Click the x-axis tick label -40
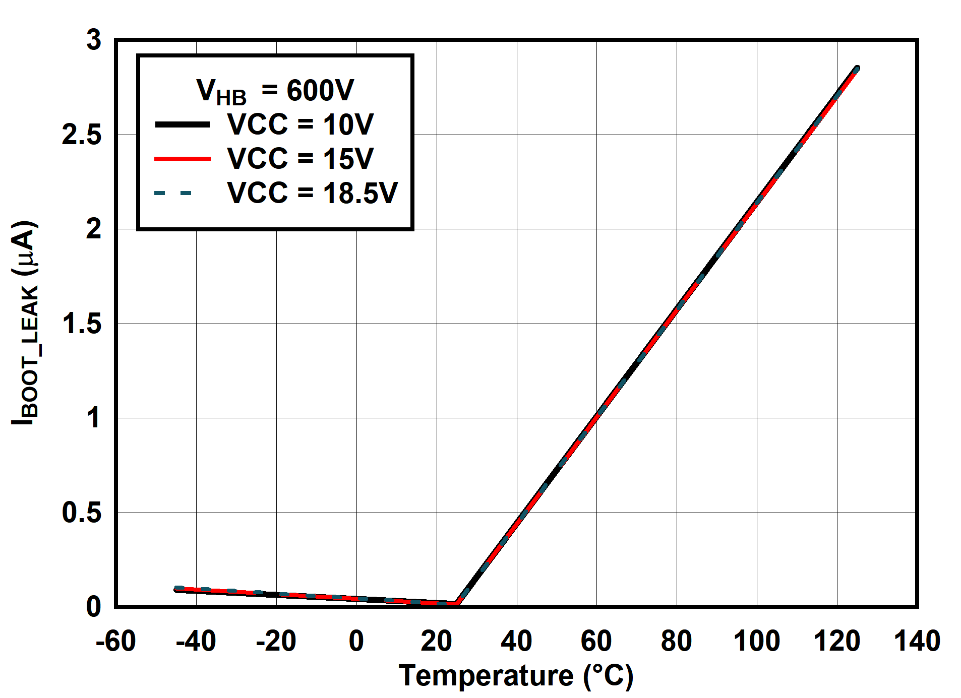click(x=196, y=641)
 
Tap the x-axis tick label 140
click(x=917, y=641)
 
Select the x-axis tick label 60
click(x=596, y=641)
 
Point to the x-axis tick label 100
click(x=756, y=641)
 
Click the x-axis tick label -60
click(x=116, y=641)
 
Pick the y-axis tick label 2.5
click(x=81, y=135)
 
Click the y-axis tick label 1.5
click(x=81, y=324)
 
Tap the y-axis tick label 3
click(x=94, y=40)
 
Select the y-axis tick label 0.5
click(x=81, y=513)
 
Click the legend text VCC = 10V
click(x=300, y=124)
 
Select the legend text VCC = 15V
click(x=300, y=159)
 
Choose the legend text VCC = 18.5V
click(x=312, y=193)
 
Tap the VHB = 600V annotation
click(x=275, y=91)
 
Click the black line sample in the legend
click(x=182, y=124)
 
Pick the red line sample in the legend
click(x=182, y=159)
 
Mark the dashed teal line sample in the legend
click(x=174, y=193)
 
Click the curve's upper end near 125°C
click(x=857, y=69)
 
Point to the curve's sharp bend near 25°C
click(x=457, y=602)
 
